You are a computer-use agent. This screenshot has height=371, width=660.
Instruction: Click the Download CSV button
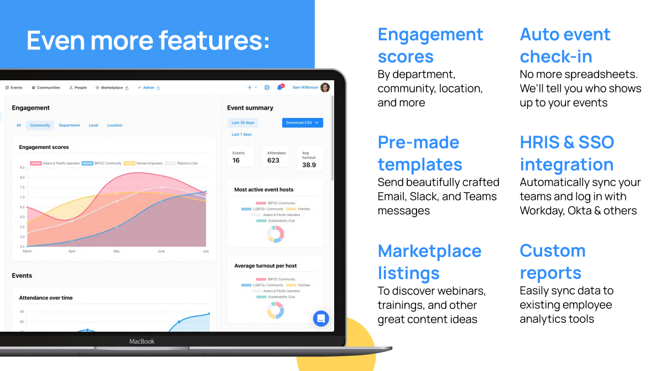(x=302, y=123)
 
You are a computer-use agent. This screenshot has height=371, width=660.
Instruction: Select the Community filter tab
(x=40, y=125)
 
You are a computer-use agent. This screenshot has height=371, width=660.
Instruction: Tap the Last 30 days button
(x=243, y=123)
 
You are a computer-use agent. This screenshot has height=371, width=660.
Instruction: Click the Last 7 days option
(x=242, y=135)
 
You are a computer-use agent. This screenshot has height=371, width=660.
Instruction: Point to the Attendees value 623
(x=273, y=161)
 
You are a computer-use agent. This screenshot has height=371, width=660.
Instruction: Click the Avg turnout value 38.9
(x=309, y=165)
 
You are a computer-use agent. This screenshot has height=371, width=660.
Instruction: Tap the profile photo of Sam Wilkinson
(x=325, y=87)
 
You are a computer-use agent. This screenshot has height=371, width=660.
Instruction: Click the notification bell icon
(x=280, y=87)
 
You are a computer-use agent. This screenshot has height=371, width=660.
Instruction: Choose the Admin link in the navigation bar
(x=149, y=87)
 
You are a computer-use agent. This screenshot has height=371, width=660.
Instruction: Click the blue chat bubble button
(x=321, y=318)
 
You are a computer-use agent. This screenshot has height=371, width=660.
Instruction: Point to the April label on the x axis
(x=71, y=251)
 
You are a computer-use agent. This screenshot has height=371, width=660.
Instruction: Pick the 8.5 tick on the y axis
(x=22, y=167)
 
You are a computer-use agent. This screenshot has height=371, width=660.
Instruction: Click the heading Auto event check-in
(x=565, y=45)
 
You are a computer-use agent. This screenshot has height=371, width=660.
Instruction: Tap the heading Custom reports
(x=552, y=261)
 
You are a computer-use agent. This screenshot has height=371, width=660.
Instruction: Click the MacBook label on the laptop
(x=142, y=342)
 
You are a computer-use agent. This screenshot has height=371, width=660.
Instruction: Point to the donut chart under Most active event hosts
(x=276, y=234)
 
